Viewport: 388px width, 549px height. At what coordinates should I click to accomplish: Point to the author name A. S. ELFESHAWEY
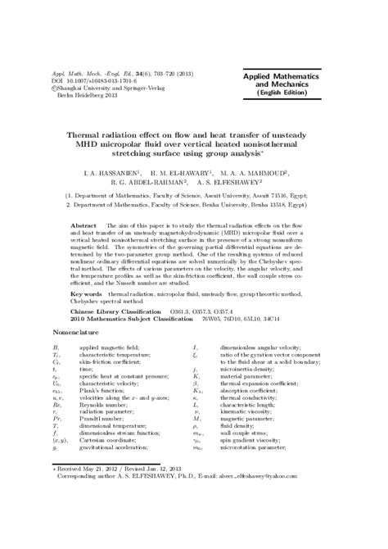(x=243, y=184)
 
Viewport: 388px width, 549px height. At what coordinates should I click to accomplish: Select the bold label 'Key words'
(x=88, y=293)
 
